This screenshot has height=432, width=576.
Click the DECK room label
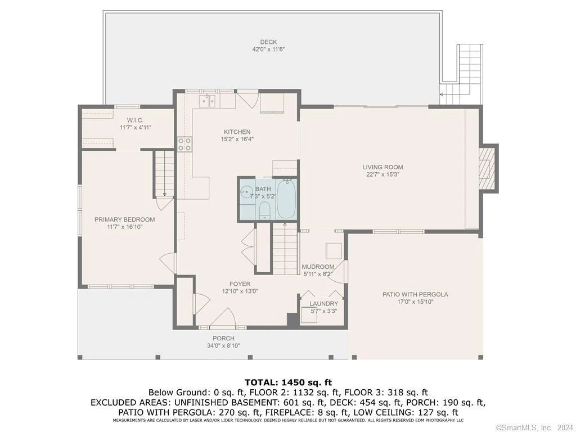(268, 42)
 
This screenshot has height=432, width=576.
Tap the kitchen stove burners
(184, 145)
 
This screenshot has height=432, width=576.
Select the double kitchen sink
(208, 101)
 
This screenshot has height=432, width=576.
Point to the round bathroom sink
(246, 191)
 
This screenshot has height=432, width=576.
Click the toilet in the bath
(264, 211)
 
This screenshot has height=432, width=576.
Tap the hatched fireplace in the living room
(487, 168)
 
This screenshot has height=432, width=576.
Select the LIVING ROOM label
(382, 167)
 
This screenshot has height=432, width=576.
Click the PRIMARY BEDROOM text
(124, 220)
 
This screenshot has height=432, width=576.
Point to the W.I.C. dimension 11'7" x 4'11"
(136, 128)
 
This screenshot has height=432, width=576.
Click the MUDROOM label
(318, 267)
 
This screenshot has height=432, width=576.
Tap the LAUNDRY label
(323, 304)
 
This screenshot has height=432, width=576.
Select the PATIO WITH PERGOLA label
(415, 294)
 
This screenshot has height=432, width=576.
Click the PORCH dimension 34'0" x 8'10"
(223, 346)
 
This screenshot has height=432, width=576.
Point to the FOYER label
(240, 284)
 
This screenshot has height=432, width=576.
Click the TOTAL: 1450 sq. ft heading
(288, 382)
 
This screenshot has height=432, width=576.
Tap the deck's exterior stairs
(463, 74)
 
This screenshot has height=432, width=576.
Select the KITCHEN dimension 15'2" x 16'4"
(237, 139)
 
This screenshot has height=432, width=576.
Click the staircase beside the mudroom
(285, 249)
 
